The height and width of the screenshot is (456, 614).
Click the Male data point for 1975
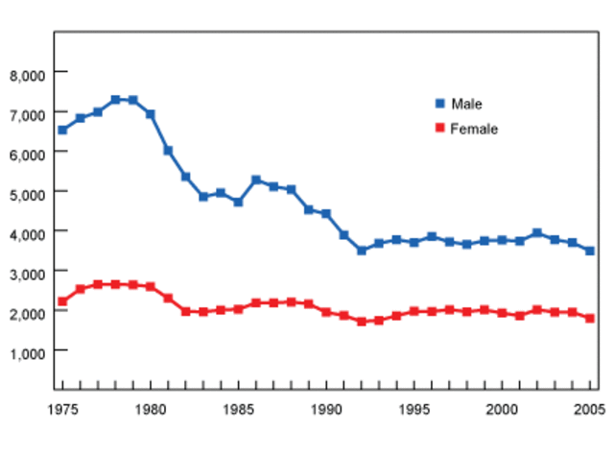pyautogui.click(x=62, y=130)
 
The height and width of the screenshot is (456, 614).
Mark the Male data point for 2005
pyautogui.click(x=590, y=251)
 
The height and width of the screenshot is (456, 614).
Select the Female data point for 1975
pyautogui.click(x=62, y=301)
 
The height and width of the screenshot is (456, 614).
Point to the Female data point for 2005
pyautogui.click(x=590, y=318)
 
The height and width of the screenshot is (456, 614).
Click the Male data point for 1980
pyautogui.click(x=151, y=114)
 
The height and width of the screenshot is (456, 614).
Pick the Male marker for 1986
pyautogui.click(x=256, y=180)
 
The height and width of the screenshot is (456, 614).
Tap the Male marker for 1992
pyautogui.click(x=362, y=251)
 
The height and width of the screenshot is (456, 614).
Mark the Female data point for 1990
pyautogui.click(x=326, y=312)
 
